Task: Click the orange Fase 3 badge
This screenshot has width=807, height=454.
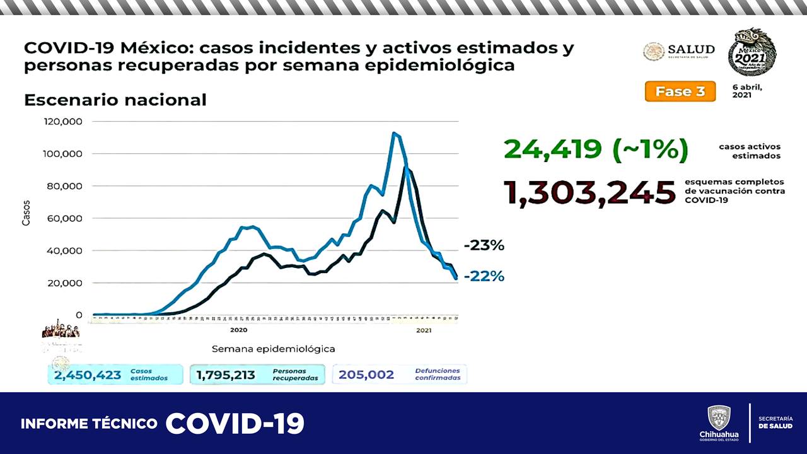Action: (x=680, y=91)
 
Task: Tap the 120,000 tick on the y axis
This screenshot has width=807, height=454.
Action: (x=64, y=121)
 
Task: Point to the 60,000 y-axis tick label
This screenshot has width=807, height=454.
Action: (x=66, y=218)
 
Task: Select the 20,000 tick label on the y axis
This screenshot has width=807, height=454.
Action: (x=66, y=282)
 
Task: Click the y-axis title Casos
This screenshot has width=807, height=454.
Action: (x=26, y=213)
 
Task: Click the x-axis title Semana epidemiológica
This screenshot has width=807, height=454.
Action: (x=273, y=349)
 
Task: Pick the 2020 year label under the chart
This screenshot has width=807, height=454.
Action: (x=238, y=330)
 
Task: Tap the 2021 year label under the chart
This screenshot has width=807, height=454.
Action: (x=423, y=330)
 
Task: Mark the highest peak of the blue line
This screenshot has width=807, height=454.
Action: (x=394, y=133)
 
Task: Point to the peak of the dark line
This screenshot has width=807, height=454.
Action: (x=407, y=168)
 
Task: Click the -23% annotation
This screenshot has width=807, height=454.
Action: (x=484, y=246)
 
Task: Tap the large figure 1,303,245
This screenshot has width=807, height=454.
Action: (x=589, y=192)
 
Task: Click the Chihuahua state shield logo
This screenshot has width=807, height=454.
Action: (x=719, y=418)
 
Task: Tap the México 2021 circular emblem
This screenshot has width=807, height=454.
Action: (x=752, y=52)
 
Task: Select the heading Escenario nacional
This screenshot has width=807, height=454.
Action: (x=115, y=100)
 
